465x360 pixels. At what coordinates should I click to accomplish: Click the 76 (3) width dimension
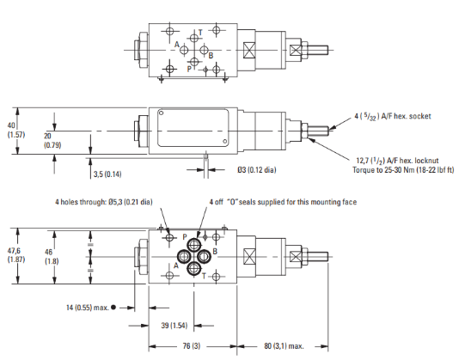click(x=192, y=346)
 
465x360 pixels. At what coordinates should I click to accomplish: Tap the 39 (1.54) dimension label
click(x=174, y=326)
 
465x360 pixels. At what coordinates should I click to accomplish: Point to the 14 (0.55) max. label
click(x=87, y=308)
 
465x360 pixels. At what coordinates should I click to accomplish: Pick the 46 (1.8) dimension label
click(x=52, y=257)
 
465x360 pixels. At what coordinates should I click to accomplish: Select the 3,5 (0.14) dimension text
click(x=107, y=174)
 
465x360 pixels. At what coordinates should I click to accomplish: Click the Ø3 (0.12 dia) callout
click(x=257, y=170)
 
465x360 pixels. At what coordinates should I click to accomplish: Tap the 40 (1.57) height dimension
click(x=16, y=131)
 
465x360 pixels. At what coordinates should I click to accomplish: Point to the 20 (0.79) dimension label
click(x=52, y=141)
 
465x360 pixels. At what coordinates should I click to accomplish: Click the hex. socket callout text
click(x=393, y=117)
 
